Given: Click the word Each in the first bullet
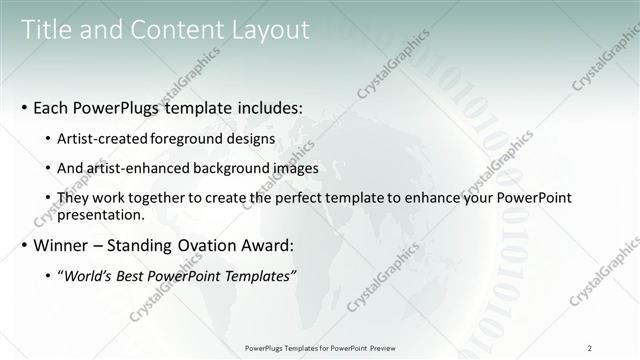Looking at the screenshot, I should pos(51,106).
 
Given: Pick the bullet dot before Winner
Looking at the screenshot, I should pos(23,246).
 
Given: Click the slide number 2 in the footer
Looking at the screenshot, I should pos(589,348).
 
